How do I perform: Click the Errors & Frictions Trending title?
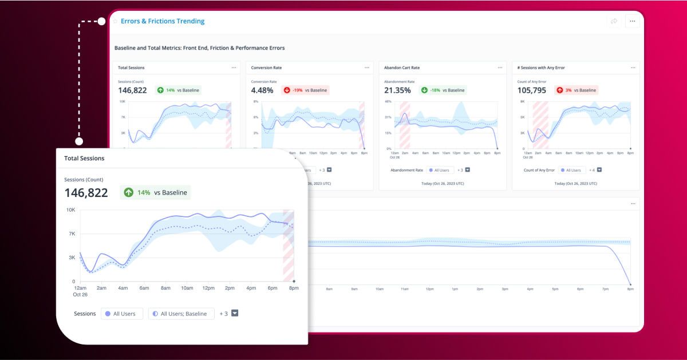[163, 21]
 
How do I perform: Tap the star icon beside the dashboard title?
[115, 22]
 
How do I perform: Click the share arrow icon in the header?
[614, 21]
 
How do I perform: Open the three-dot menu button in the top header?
[632, 21]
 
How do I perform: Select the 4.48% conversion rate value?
[263, 90]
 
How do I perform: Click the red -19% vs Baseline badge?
[306, 90]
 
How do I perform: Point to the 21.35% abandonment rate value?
[397, 90]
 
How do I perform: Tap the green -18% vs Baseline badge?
[442, 90]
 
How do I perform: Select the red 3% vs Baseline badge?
[577, 90]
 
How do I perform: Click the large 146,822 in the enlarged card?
[86, 193]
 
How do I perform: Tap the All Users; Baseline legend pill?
[181, 314]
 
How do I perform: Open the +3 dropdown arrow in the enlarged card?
[234, 314]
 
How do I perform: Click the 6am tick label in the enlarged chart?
[144, 288]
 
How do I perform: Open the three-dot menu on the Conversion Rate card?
[367, 68]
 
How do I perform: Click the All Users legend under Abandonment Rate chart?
[440, 170]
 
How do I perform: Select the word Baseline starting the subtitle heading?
[126, 48]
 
